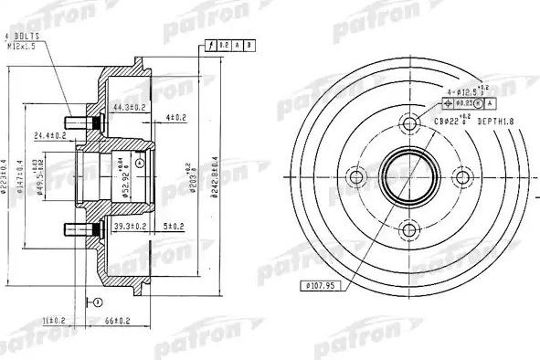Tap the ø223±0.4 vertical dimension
click(8, 174)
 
